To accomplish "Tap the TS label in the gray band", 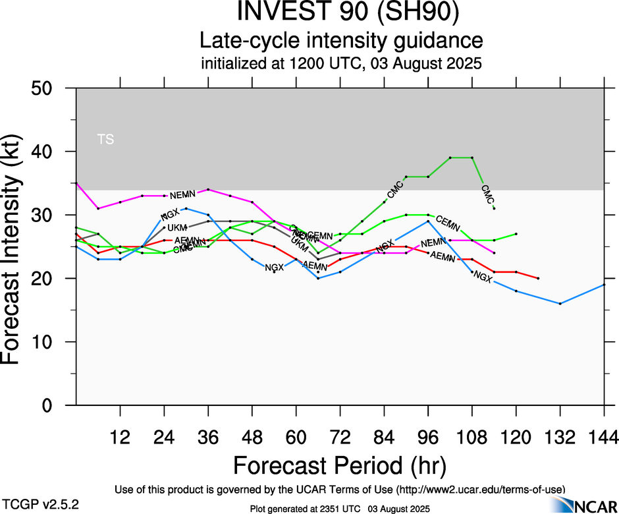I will tap(105, 139).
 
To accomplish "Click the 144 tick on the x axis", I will tap(605, 437).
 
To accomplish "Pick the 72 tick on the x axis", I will tap(340, 437).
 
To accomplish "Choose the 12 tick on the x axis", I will tap(120, 437).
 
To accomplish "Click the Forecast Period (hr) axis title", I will tap(340, 466).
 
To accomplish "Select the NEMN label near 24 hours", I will tap(182, 196).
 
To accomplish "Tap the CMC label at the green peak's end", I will tap(488, 194).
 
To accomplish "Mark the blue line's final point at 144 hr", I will tap(604, 285).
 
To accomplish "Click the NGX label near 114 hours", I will tap(483, 278).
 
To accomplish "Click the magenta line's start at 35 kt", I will tap(76, 183).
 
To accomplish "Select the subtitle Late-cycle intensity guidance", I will tap(340, 41).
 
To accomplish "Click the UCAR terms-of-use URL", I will tap(480, 490).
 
